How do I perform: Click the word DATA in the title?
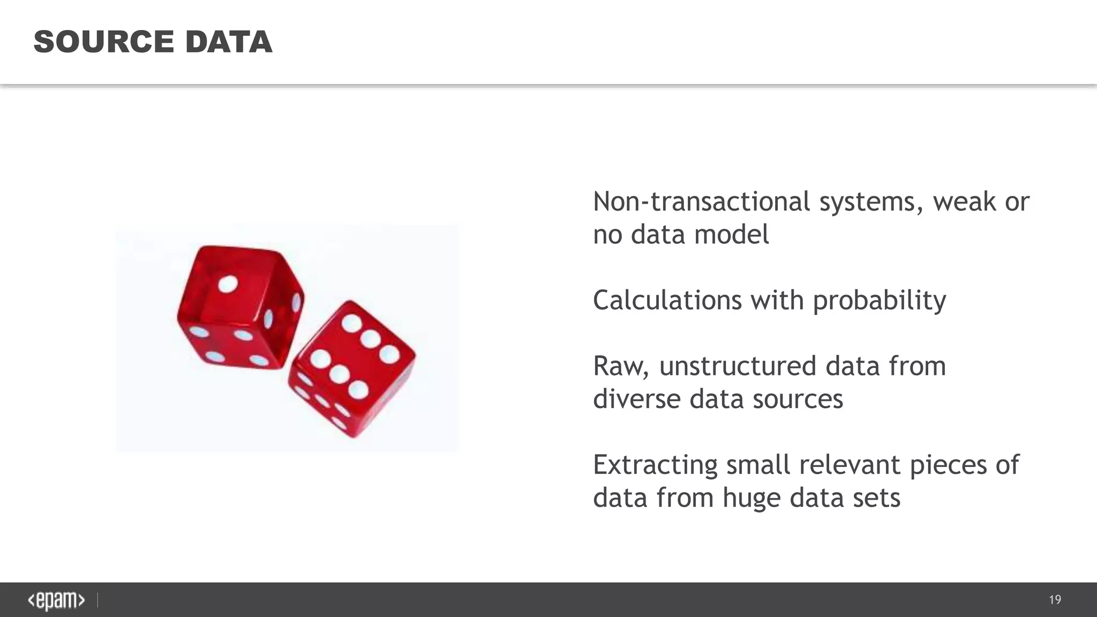click(x=229, y=42)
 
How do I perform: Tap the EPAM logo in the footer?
click(x=56, y=600)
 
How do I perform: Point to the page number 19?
click(x=1055, y=600)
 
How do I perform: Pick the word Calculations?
click(x=667, y=300)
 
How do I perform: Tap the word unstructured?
click(x=738, y=366)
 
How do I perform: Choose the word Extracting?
click(x=655, y=464)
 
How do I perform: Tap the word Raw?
click(x=620, y=366)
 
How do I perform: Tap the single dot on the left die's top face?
click(x=228, y=284)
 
